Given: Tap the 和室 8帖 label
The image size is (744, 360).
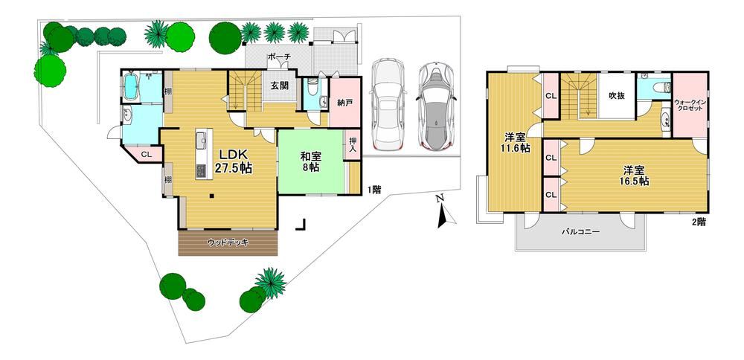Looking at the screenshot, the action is [x=310, y=161].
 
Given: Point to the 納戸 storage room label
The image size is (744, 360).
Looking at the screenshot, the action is [x=345, y=103].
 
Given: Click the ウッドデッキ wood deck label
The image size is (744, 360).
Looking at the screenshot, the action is [x=228, y=242].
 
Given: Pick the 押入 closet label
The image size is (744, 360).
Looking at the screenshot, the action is [x=353, y=145].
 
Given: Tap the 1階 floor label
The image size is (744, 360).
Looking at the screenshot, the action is [x=373, y=190].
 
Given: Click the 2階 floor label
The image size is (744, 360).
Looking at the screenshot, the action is [x=698, y=221].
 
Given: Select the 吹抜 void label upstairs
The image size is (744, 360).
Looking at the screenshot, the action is [x=616, y=95].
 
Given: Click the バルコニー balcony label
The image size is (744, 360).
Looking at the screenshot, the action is [x=581, y=232].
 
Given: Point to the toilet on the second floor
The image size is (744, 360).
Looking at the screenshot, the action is [x=658, y=87].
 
